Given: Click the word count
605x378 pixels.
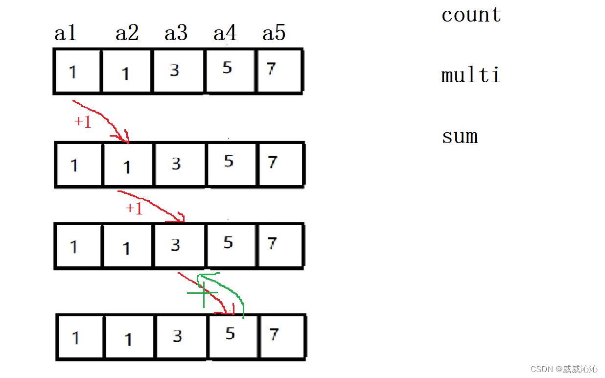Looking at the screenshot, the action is [471, 15].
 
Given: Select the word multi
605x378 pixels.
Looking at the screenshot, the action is [470, 75].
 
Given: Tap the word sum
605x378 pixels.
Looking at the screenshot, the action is [460, 136].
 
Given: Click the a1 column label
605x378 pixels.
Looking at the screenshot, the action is [66, 33].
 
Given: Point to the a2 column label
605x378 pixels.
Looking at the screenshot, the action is [127, 33].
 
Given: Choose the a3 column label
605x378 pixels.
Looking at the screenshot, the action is [176, 33].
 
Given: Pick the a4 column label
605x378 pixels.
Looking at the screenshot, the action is [225, 33].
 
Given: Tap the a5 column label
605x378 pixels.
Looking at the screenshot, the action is [274, 33].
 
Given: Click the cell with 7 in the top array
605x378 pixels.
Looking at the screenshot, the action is [278, 71].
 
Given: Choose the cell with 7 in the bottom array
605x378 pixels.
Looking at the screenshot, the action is [281, 336].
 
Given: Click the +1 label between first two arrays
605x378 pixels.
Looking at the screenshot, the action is [83, 122].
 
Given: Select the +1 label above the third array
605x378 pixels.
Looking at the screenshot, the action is [134, 209].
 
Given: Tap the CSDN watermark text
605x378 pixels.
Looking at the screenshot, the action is [564, 369].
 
